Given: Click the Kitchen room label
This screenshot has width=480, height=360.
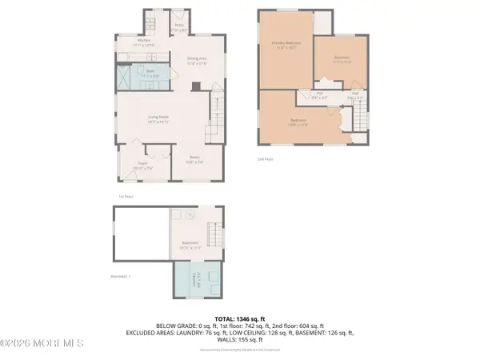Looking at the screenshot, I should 144,42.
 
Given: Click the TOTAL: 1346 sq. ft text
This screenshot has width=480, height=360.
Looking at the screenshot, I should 239,318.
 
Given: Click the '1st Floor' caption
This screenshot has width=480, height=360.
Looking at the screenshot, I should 124,194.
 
